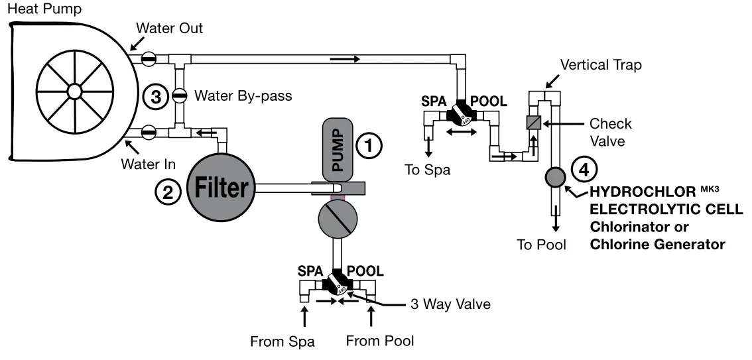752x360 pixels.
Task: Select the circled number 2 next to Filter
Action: tap(167, 192)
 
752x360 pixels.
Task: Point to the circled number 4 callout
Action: tap(584, 170)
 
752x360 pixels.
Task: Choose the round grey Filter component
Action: tap(220, 189)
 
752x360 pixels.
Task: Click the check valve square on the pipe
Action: tap(534, 123)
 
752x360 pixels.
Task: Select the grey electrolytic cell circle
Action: tap(554, 177)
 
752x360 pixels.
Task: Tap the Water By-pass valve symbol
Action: tap(178, 95)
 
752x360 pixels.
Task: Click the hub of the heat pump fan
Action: tap(74, 90)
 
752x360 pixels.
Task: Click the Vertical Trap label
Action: tap(601, 65)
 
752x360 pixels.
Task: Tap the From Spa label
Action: tap(282, 342)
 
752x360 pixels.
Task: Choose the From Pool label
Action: tap(380, 341)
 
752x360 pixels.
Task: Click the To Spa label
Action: tap(427, 170)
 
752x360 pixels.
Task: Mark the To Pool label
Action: tap(542, 245)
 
